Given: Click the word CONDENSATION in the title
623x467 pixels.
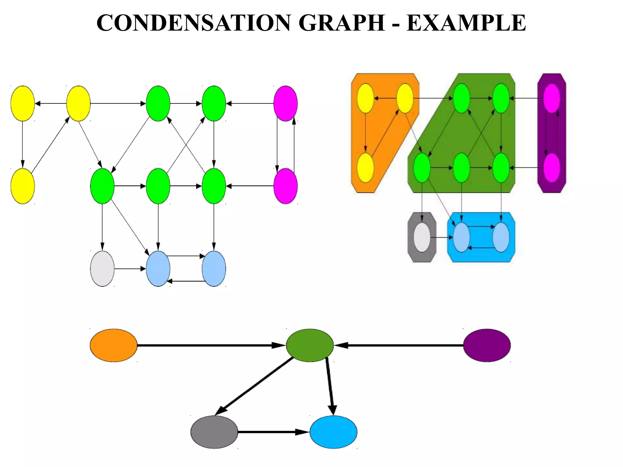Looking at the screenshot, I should [193, 23].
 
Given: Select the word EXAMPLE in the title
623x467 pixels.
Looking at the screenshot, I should [466, 23].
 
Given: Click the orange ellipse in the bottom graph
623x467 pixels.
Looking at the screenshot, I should [113, 345].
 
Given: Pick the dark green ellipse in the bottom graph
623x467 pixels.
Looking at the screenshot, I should [310, 345].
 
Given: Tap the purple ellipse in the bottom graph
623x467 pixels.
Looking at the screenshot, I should [487, 345].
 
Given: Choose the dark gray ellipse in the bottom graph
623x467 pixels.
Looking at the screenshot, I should [214, 432].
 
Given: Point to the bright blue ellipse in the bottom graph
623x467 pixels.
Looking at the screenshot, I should [333, 432].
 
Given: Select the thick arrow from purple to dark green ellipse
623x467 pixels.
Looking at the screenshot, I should [399, 345].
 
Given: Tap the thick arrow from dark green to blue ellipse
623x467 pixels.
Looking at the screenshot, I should [330, 386].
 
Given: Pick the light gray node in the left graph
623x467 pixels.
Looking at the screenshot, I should [102, 268].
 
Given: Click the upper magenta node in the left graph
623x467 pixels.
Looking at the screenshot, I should [285, 103].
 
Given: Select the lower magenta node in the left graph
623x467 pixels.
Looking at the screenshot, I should [285, 186].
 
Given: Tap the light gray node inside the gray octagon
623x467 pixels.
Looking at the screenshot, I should [422, 237].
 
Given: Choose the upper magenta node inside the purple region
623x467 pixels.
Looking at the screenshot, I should [552, 98].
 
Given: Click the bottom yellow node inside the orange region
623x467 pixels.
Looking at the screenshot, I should [365, 168].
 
